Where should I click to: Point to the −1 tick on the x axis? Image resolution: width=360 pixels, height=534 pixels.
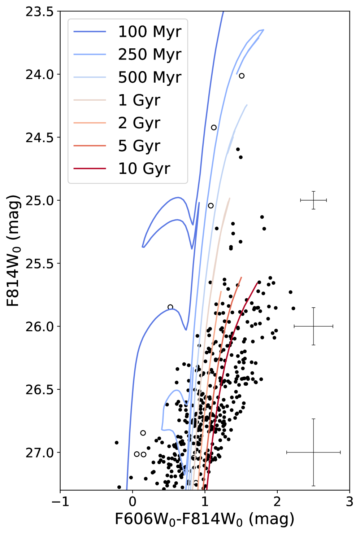[x=60, y=502]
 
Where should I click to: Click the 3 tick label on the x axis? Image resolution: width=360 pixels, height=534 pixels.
[x=349, y=502]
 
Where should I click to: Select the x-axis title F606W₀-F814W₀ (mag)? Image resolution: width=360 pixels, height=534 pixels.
[x=204, y=519]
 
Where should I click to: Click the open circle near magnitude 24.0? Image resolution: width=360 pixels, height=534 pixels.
[x=242, y=76]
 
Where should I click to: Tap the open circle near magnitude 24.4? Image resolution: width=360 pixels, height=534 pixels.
[x=214, y=127]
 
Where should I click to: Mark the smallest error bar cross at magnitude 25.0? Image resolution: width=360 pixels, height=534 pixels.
[x=313, y=200]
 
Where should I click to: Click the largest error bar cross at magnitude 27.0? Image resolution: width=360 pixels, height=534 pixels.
[x=313, y=452]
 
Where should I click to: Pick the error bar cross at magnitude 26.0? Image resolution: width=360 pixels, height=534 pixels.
[x=313, y=326]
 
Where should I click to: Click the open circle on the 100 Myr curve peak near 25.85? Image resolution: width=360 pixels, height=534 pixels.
[x=170, y=307]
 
